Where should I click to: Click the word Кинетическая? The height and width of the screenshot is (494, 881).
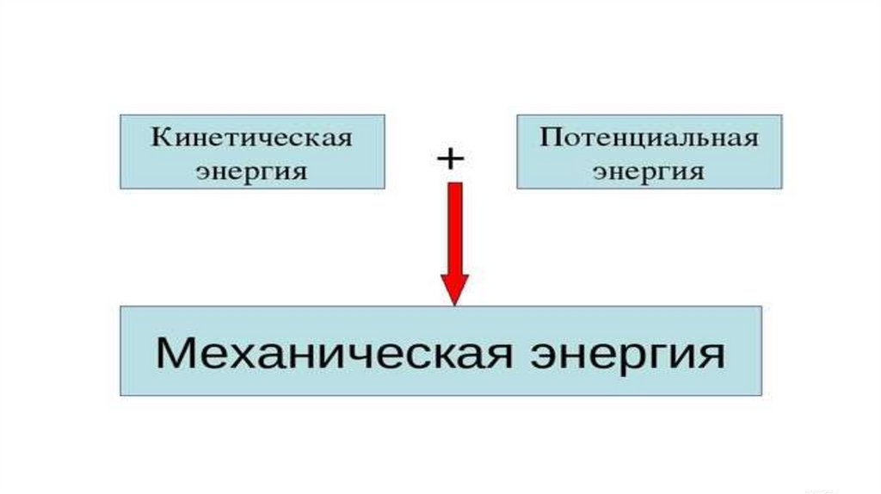(252, 138)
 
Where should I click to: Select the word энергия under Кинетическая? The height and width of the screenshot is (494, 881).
(252, 170)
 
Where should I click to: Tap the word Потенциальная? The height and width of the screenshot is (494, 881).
(649, 138)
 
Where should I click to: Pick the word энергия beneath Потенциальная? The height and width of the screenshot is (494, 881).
(649, 170)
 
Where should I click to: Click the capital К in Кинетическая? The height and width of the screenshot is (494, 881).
(161, 138)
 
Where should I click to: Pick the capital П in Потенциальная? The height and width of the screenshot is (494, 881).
(550, 138)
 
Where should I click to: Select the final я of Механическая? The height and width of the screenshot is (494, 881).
(507, 355)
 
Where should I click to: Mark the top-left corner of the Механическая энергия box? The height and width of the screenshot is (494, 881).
(120, 306)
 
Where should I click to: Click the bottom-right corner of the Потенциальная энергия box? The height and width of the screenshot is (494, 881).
(782, 188)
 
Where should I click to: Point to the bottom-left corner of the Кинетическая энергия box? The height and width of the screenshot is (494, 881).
(120, 188)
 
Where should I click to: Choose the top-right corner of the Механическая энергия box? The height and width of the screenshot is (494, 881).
(761, 306)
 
